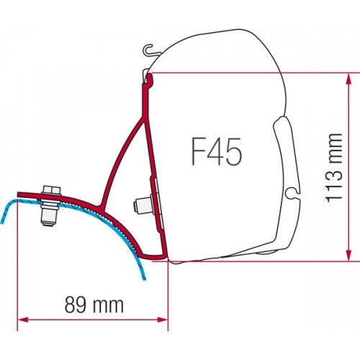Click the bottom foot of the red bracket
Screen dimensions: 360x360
(160, 256)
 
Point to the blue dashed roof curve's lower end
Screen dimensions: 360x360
(22, 278)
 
